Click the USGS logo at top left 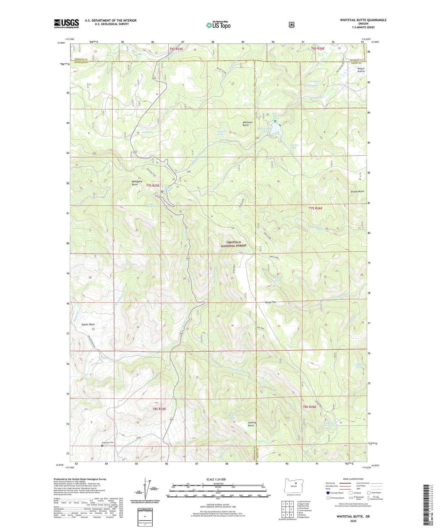click(x=66, y=23)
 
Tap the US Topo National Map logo click(x=218, y=25)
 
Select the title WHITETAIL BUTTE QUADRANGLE click(x=363, y=20)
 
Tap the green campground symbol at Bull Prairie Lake click(x=275, y=121)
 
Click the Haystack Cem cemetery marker click(x=102, y=445)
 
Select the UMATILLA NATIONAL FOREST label click(x=234, y=244)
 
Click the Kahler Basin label click(x=88, y=325)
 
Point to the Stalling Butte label click(x=252, y=424)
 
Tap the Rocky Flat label click(x=270, y=302)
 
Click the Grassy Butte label click(x=357, y=191)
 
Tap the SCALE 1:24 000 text click(x=218, y=479)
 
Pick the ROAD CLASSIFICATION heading click(x=353, y=479)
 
